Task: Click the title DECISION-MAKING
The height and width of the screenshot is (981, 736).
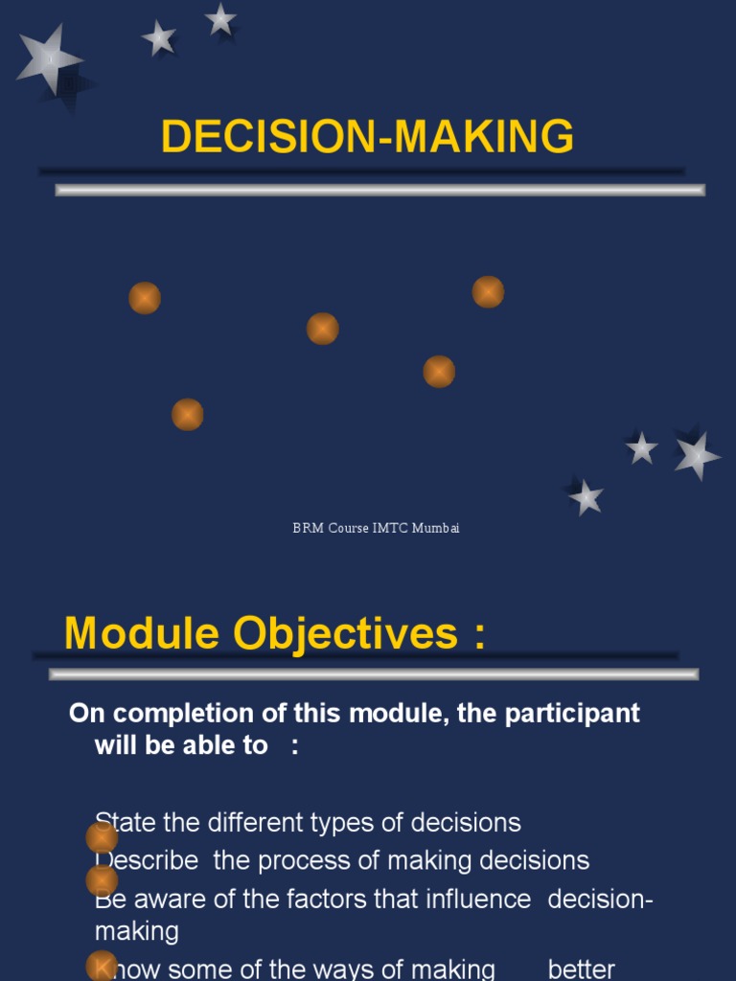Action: point(367,137)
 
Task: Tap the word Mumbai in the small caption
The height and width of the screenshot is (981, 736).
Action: point(436,529)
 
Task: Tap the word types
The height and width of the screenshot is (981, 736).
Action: point(329,823)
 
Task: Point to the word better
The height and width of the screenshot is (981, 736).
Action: point(582,970)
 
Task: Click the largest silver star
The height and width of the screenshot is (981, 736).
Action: point(50,60)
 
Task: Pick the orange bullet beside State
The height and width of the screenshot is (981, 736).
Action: point(102,837)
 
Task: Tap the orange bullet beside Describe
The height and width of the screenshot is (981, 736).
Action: point(102,879)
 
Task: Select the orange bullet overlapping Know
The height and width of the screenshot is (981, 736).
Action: point(102,966)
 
